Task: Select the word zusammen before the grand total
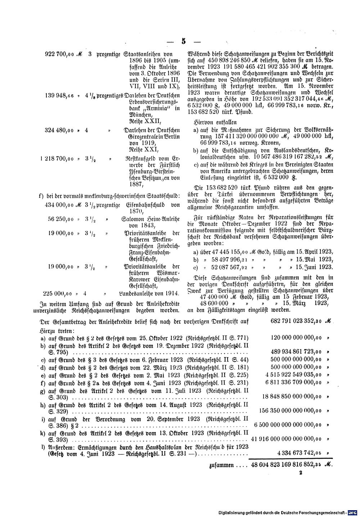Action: coord(222,465)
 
